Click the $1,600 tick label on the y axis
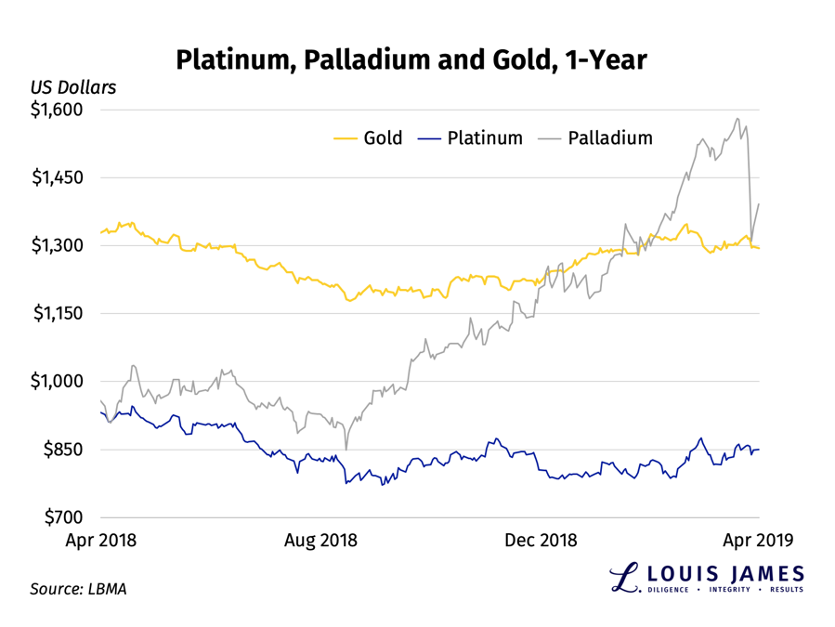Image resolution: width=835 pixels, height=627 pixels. click(58, 110)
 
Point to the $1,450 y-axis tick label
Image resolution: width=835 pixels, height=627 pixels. click(58, 177)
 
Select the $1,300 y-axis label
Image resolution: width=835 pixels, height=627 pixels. click(58, 245)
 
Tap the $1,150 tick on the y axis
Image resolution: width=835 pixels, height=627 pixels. click(58, 313)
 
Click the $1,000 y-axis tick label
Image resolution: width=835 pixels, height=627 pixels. click(58, 381)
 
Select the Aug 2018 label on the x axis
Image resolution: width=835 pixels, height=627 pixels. click(320, 540)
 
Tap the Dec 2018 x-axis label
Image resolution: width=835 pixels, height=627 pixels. click(541, 540)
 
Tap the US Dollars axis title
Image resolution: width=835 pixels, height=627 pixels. click(73, 87)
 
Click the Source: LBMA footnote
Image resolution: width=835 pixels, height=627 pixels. click(78, 588)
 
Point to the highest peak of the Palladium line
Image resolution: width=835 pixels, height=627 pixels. click(737, 119)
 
